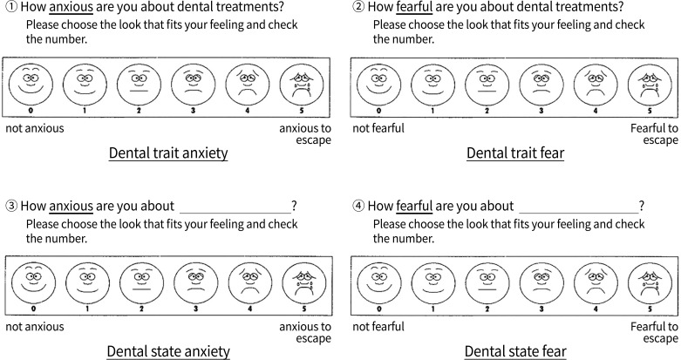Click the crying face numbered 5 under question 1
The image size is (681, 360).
[x=300, y=85]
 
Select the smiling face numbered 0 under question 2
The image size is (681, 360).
[x=378, y=85]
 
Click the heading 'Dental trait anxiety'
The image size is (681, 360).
[x=168, y=154]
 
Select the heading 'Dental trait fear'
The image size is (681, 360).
[x=514, y=154]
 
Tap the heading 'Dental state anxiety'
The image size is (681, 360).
[x=168, y=351]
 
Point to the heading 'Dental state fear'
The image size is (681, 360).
[x=514, y=351]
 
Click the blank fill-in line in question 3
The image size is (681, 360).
[x=235, y=207]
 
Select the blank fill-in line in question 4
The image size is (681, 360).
[x=578, y=207]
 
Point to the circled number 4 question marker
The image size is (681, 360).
[x=358, y=207]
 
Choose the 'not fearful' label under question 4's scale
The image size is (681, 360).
[x=378, y=326]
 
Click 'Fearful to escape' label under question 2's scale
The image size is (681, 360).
[x=654, y=134]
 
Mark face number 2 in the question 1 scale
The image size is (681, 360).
[x=137, y=85]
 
